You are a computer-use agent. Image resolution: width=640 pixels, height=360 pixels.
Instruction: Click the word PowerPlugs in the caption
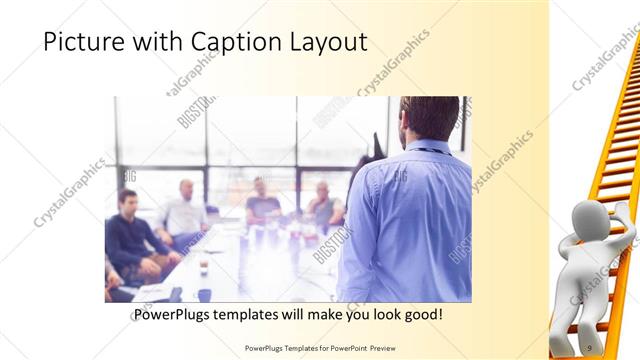click(x=172, y=315)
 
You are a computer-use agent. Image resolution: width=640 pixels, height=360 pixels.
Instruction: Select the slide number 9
click(x=589, y=347)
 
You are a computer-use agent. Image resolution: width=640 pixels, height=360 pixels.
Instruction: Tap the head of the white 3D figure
click(x=589, y=221)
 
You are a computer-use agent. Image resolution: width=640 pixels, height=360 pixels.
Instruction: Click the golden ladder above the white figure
click(x=618, y=130)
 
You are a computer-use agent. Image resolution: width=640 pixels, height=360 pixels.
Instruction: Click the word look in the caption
click(x=380, y=315)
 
